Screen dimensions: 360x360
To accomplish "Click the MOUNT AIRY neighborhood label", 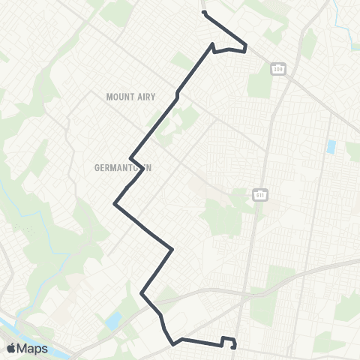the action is (123, 96).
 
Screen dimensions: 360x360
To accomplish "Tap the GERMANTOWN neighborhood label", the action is (124, 168).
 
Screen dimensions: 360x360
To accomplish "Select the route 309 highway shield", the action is (278, 69).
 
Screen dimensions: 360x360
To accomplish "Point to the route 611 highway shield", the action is (259, 195).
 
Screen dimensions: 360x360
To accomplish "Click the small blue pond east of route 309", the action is (331, 146).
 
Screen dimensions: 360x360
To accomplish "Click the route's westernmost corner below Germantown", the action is (114, 202).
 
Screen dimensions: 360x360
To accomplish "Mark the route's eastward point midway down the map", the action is (173, 248).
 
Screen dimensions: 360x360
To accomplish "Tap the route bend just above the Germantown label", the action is (132, 157).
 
